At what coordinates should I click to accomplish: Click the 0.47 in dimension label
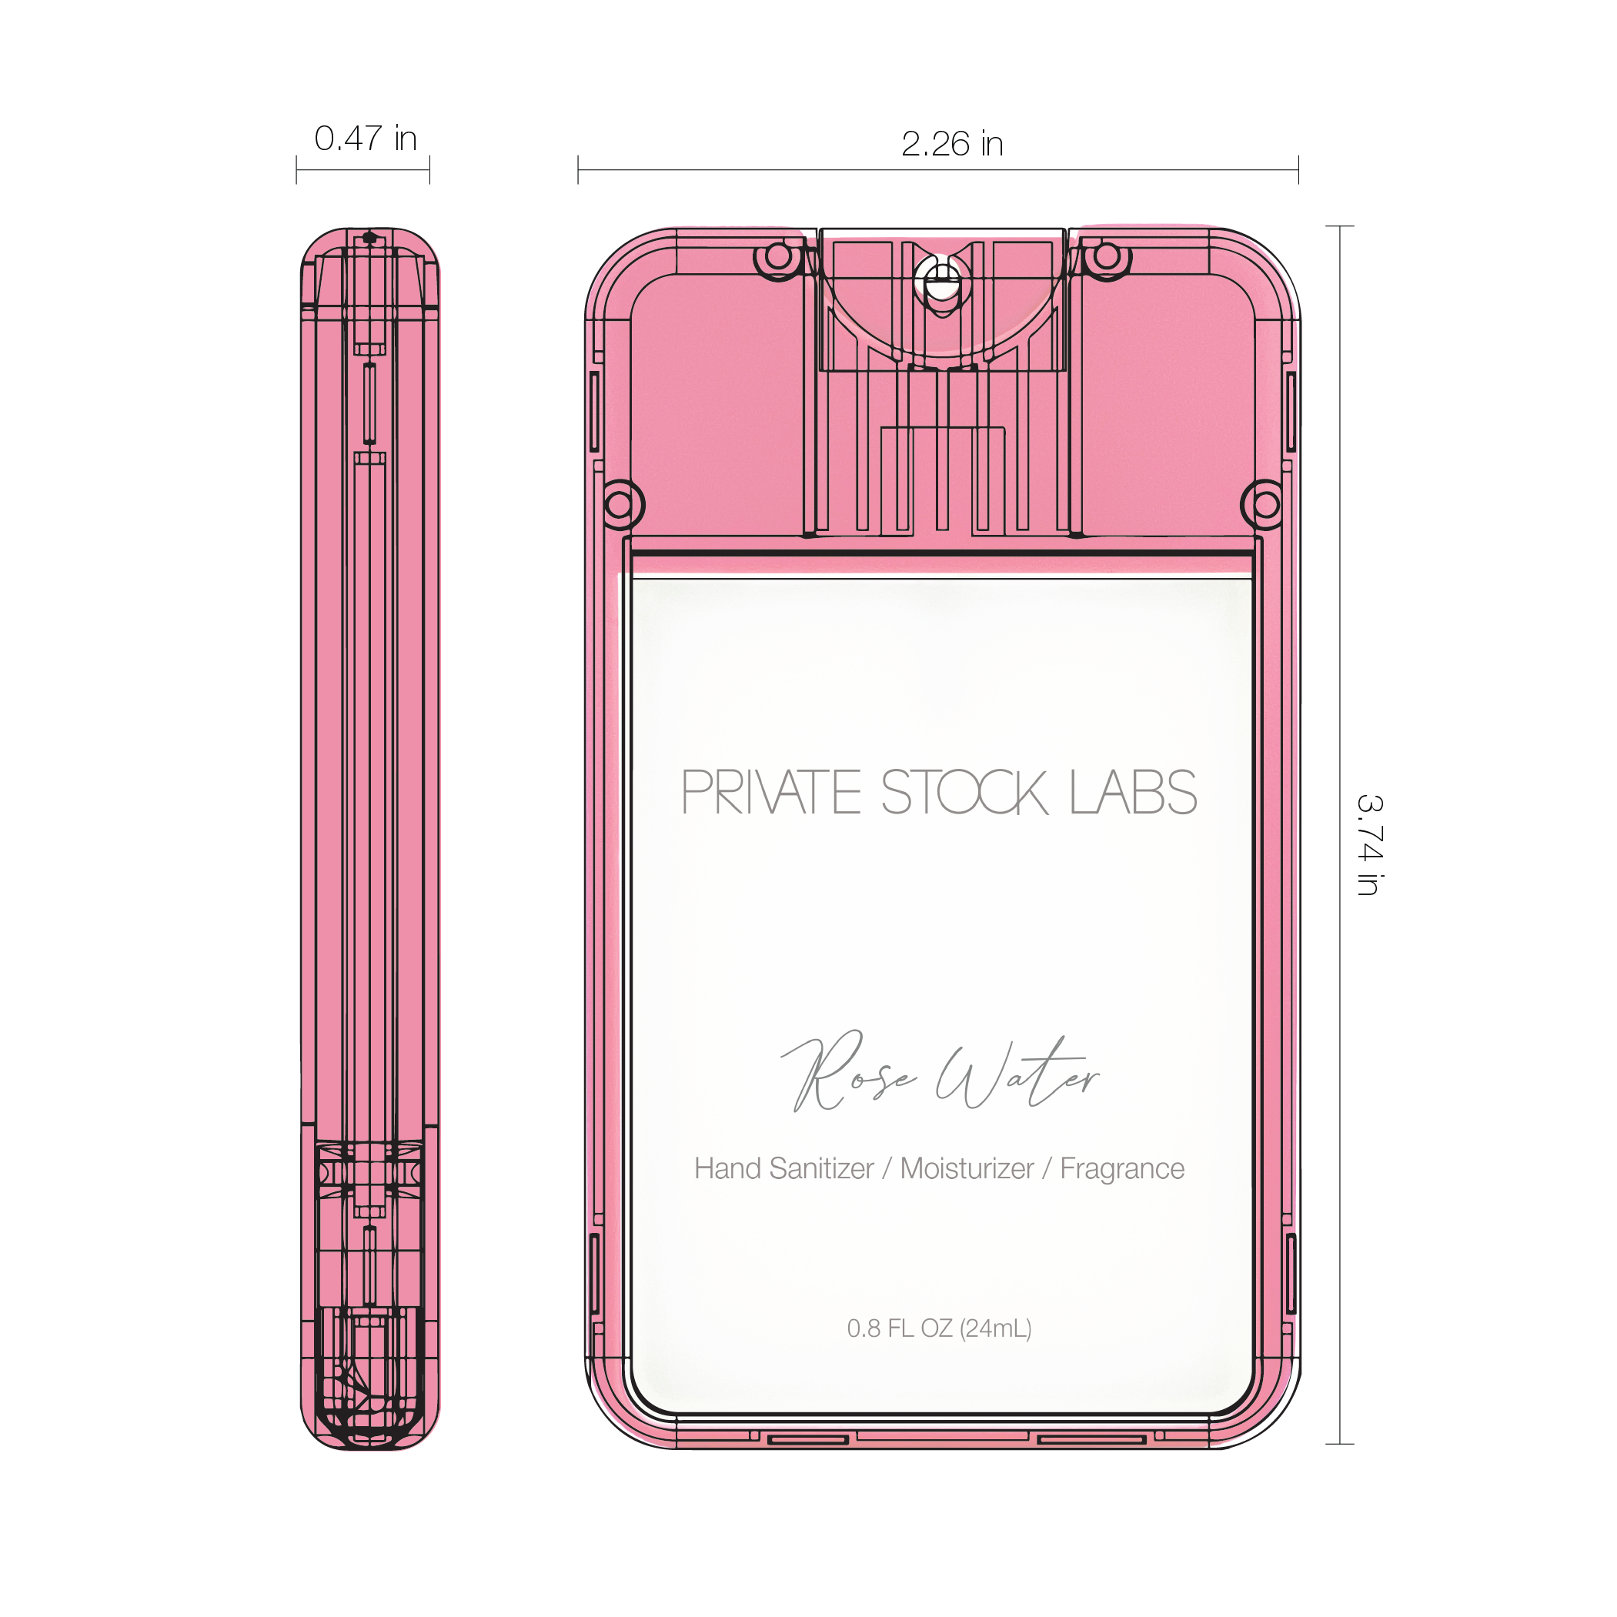tap(365, 138)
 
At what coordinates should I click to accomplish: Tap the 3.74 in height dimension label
tap(1369, 845)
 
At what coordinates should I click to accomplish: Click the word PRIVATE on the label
tap(771, 792)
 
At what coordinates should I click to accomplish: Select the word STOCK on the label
tap(964, 792)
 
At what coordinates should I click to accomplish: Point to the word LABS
tap(1134, 792)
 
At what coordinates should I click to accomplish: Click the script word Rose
tap(849, 1071)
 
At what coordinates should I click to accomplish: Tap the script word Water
tap(1017, 1072)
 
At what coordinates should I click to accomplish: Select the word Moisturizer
tap(967, 1168)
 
